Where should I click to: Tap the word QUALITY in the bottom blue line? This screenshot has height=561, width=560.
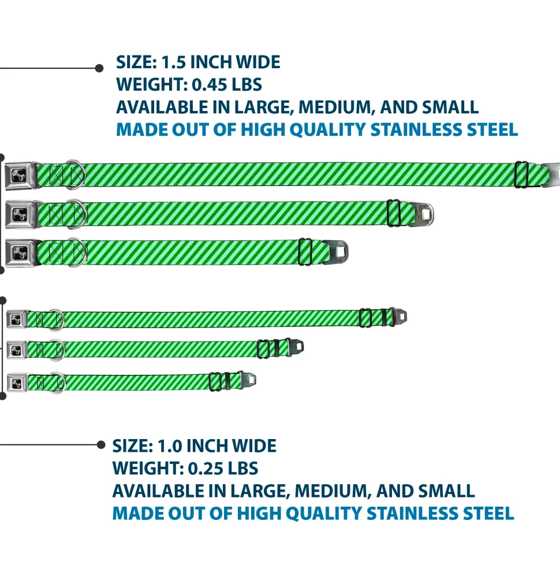[321, 513]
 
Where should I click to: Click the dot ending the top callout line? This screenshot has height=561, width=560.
[99, 68]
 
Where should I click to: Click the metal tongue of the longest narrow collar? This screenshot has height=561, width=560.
[400, 317]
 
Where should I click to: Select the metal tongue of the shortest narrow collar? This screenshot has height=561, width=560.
[249, 380]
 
